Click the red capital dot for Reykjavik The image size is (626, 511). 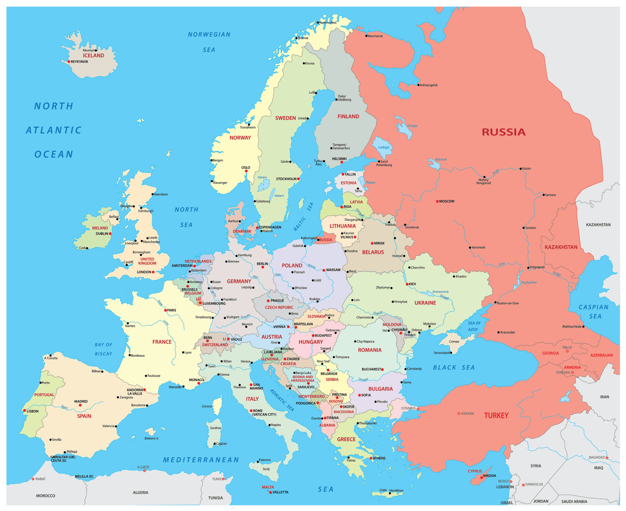(69, 62)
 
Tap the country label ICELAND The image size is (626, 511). (94, 55)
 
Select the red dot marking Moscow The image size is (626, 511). (437, 201)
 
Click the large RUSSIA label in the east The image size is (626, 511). (504, 132)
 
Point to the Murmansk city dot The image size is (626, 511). (366, 36)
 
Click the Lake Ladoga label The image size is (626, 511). (384, 147)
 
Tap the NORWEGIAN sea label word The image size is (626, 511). (209, 35)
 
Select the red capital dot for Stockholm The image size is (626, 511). (298, 179)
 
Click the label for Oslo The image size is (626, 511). (246, 167)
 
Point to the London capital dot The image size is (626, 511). (153, 272)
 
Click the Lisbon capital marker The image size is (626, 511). (24, 410)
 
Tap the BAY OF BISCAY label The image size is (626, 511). (103, 349)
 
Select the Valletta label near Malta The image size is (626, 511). (280, 492)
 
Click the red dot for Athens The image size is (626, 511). (371, 458)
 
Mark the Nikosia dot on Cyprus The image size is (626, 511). (481, 477)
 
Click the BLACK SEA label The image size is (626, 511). (454, 367)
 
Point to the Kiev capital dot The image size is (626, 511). (407, 284)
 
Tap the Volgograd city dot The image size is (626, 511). (528, 268)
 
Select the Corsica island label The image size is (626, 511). (207, 406)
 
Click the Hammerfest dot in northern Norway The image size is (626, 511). (318, 22)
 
